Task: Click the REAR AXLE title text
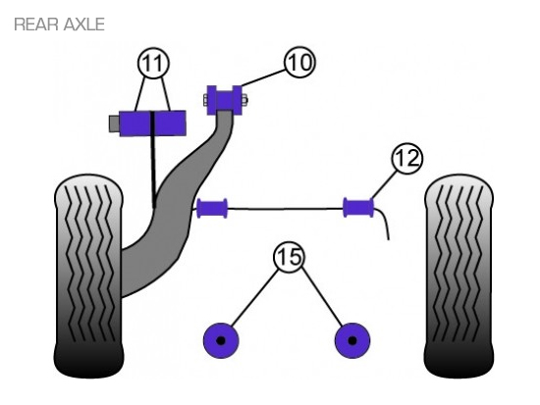point(59,25)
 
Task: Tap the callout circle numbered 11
point(153,63)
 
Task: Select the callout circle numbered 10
point(299,63)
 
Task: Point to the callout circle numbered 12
point(407,159)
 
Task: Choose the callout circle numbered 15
point(290,257)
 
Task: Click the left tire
point(88,276)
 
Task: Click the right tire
point(459,276)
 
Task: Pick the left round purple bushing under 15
point(221,340)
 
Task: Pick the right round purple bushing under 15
point(351,340)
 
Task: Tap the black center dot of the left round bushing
point(221,340)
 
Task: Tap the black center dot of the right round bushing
point(351,340)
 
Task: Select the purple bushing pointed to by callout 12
point(358,208)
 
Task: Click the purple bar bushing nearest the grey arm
point(212,208)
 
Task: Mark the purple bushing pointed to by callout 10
point(224,100)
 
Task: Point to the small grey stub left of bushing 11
point(114,124)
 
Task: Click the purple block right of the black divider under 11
point(170,124)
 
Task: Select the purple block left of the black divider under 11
point(135,124)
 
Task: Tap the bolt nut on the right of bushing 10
point(244,100)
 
